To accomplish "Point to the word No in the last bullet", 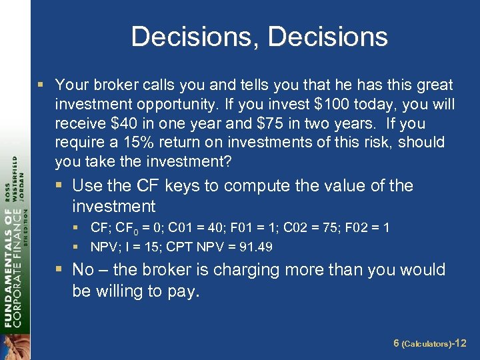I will coord(83,270).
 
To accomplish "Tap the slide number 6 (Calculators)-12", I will coord(429,343).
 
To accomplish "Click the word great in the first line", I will coord(433,85).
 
